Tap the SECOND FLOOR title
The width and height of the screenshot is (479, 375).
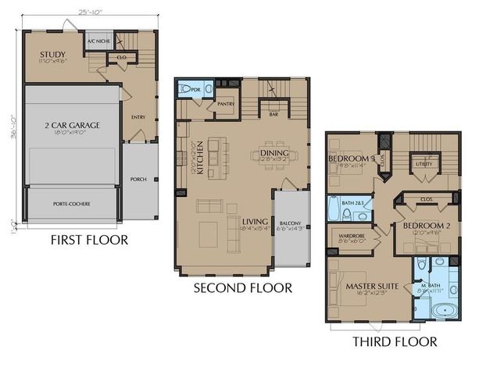tap(243, 288)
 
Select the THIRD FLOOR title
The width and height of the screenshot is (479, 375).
tap(394, 341)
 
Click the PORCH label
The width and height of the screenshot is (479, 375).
tap(138, 179)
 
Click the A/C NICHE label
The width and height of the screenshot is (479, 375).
tap(98, 41)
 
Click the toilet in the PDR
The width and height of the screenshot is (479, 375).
tap(184, 90)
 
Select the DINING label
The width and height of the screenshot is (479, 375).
tap(276, 152)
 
